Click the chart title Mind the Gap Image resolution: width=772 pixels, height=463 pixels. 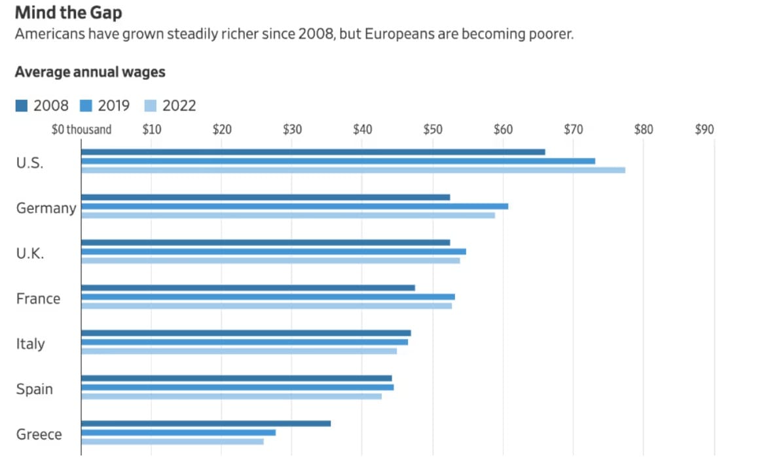(68, 12)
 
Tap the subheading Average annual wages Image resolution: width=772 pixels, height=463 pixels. (90, 71)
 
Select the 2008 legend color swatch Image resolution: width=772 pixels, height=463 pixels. (22, 106)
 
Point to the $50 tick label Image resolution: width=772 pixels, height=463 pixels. (433, 129)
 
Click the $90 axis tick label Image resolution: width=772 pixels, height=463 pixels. (705, 129)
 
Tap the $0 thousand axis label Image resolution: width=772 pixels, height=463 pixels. (81, 129)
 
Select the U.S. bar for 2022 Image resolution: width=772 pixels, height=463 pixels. (353, 170)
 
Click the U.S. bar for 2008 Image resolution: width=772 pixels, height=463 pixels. (313, 152)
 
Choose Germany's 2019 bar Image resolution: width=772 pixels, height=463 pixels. (295, 206)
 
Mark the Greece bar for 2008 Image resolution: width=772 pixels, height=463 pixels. (206, 424)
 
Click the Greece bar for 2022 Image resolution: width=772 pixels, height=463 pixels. (172, 441)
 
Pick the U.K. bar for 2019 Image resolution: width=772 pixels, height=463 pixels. (274, 251)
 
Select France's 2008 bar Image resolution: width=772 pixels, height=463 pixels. (248, 288)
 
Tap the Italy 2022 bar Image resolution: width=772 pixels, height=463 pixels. (239, 351)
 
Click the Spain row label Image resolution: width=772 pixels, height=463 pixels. (34, 389)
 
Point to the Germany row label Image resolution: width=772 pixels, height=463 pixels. (46, 208)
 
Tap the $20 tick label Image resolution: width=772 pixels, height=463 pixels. (222, 129)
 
